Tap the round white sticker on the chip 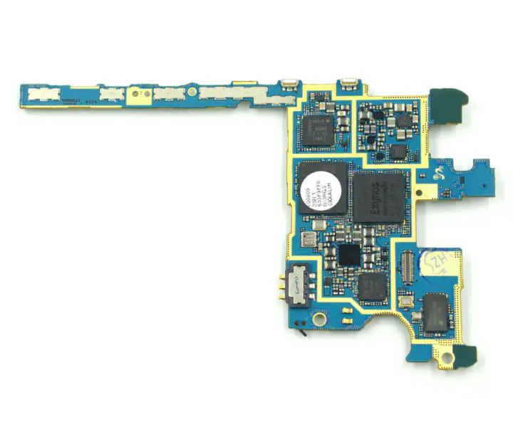point(323,190)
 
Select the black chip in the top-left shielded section point(317,130)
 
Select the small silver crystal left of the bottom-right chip point(405,302)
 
